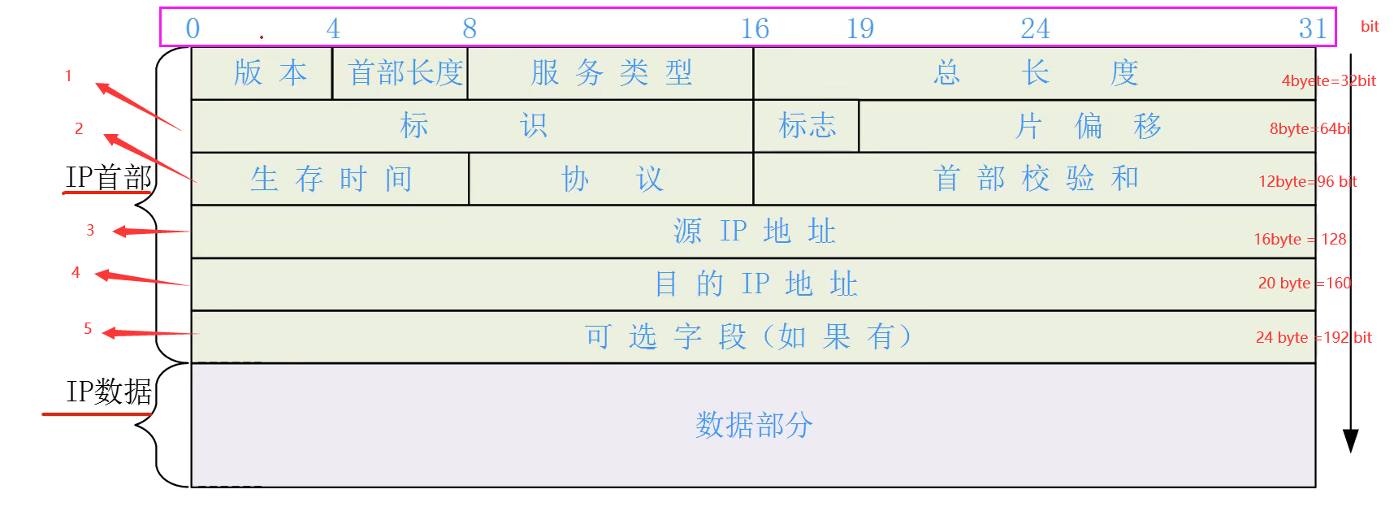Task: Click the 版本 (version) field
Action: coord(270,73)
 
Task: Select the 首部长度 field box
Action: coord(405,73)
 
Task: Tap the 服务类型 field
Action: coord(611,73)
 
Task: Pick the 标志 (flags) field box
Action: coord(806,126)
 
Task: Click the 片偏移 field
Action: coord(1087,126)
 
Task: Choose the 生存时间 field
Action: coord(331,179)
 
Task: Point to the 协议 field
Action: coord(611,179)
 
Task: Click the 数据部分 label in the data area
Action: coord(753,425)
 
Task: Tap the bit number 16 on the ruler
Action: coord(755,29)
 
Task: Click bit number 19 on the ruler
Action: coord(860,29)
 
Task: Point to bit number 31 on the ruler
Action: coord(1312,29)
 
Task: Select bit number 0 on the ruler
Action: coord(193,29)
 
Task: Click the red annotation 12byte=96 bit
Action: coord(1307,181)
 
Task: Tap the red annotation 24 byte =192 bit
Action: coord(1313,337)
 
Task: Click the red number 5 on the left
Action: coord(88,328)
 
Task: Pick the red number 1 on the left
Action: coord(68,76)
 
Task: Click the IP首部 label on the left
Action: coord(109,177)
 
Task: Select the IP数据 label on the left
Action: coord(109,392)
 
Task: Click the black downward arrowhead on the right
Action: coord(1350,440)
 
